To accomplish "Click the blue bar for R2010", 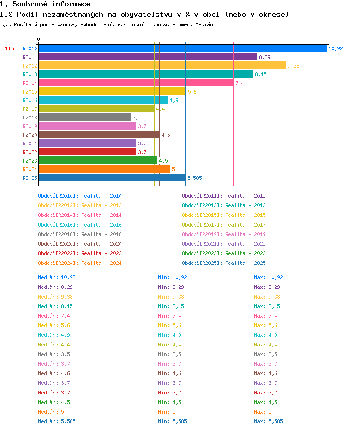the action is pos(183,48).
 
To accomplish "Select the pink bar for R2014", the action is pos(136,83).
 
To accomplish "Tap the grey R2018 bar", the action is pos(85,118).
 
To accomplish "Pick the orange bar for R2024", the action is pos(105,169).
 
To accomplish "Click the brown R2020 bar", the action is pos(99,135).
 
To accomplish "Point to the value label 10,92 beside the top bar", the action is pos(336,48).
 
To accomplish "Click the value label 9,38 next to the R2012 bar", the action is pos(293,66).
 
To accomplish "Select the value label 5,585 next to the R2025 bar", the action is pos(194,178).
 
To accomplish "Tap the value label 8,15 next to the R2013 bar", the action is pos(261,74).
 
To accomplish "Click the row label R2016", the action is pos(30,100).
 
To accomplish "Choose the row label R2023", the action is pos(30,161).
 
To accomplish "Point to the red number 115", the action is pos(10,48).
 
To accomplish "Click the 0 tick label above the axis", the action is pos(39,39).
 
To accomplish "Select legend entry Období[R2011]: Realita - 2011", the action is pos(224,196).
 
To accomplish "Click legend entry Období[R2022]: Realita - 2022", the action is pos(80,253).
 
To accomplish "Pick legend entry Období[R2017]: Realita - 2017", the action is pos(224,225).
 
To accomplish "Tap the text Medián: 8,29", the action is pos(55,287).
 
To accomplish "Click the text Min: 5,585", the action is pos(172,421).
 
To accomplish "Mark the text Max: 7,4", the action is pos(265,316).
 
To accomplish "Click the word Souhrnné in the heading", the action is pos(30,4).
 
